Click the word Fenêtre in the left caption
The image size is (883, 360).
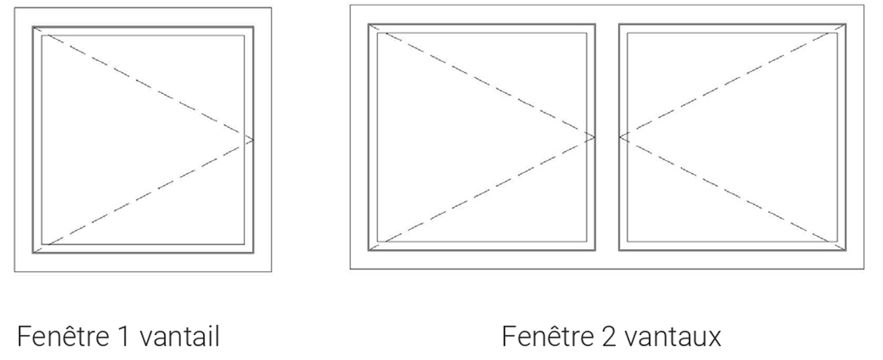point(63,336)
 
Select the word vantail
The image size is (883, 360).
point(180,336)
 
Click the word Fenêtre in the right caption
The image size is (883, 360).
point(548,336)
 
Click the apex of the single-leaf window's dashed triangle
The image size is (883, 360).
point(253,140)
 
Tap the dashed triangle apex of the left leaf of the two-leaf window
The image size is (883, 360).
point(595,137)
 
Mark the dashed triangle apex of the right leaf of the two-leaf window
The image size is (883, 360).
point(619,137)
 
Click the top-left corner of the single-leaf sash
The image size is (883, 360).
point(32,27)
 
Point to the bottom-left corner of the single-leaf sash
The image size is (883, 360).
point(32,253)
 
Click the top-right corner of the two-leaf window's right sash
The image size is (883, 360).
point(846,24)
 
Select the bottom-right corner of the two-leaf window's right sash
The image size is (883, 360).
point(846,250)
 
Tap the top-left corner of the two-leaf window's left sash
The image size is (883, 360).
point(368,24)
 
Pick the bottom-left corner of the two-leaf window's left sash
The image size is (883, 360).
point(368,250)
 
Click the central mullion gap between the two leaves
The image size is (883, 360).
point(607,137)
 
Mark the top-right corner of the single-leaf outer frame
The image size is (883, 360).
point(271,8)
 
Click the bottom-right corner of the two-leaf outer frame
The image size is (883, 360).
point(864,269)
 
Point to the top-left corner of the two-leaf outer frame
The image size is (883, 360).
point(350,5)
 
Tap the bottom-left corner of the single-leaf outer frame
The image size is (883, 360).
point(14,272)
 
